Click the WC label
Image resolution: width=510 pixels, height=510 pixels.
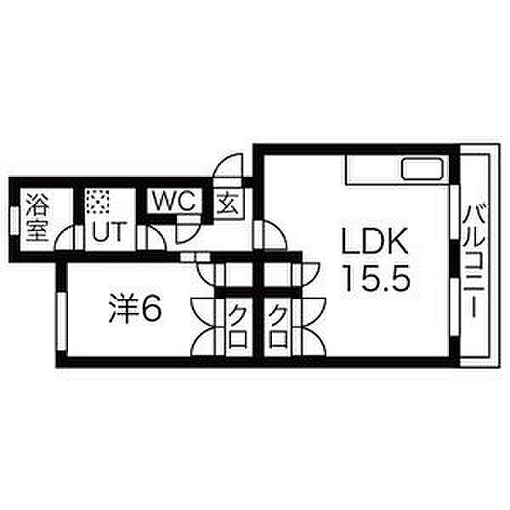tap(174, 201)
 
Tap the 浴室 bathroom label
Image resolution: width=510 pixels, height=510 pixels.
tap(37, 218)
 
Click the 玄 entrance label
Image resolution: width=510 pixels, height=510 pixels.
tap(229, 202)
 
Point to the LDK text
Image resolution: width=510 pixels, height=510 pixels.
tap(374, 241)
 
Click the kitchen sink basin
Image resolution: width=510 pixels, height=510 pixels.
tap(422, 169)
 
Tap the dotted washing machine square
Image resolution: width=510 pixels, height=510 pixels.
tap(97, 201)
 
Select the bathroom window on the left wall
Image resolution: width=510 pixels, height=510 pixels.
tap(14, 220)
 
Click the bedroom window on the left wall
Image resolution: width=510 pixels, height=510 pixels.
tap(61, 321)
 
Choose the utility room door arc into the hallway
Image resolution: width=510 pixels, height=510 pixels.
tap(157, 235)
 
